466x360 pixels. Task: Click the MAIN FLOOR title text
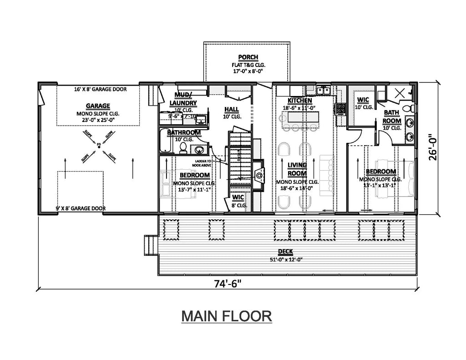click(x=227, y=316)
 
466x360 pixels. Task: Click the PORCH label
click(x=248, y=57)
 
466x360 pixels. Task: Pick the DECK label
click(x=285, y=252)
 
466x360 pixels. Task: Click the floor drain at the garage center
click(x=98, y=145)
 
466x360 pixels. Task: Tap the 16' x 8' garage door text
click(x=98, y=90)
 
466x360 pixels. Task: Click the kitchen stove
click(x=340, y=109)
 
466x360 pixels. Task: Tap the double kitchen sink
click(x=324, y=91)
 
